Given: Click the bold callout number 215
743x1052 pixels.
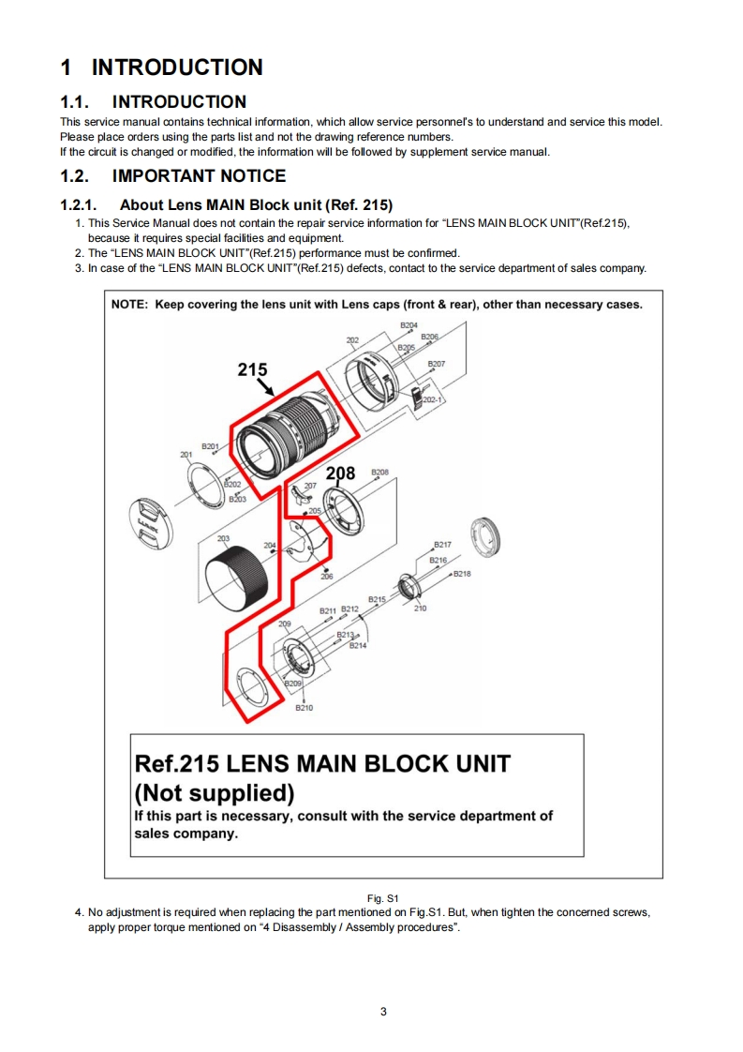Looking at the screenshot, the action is click(252, 369).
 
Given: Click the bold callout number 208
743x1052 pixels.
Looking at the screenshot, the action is click(340, 473).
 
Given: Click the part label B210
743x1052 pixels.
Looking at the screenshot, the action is click(304, 708).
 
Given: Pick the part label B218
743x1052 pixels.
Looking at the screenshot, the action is click(462, 574).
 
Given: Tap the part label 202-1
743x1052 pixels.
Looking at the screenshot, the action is click(434, 400).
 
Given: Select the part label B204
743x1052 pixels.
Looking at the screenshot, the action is click(409, 324).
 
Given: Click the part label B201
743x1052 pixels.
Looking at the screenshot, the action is click(210, 446).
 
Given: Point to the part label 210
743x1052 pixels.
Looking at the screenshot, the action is click(420, 608).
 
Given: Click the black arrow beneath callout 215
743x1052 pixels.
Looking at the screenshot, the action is click(266, 384).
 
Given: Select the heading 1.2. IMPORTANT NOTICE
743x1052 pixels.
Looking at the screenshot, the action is click(173, 176).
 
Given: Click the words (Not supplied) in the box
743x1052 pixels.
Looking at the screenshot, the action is click(215, 792).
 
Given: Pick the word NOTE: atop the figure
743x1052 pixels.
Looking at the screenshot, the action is click(130, 304).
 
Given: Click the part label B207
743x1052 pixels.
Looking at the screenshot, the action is click(437, 363).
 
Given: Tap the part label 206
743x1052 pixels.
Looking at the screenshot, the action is click(326, 577).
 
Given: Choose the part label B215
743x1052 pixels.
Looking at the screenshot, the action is click(377, 598).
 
